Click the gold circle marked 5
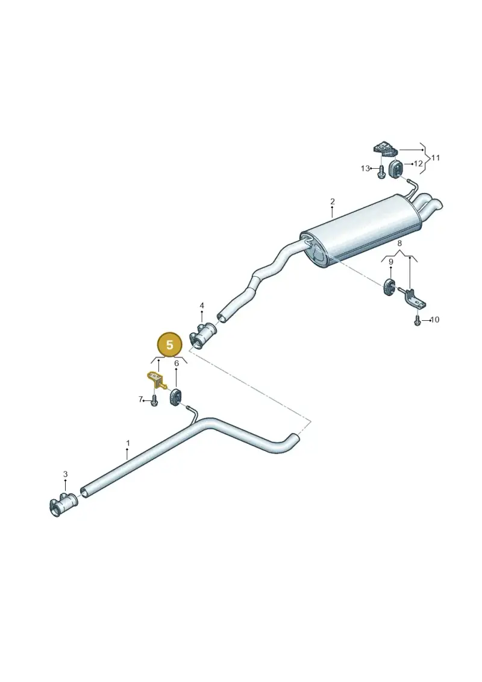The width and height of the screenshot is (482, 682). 169,345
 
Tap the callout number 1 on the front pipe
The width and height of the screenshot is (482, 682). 128,443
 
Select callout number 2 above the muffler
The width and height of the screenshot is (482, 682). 333,201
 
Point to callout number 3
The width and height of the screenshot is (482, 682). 65,474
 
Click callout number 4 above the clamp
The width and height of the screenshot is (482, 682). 202,306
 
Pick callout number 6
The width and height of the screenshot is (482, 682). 177,363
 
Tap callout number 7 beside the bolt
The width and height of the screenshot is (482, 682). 140,399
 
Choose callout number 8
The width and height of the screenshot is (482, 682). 400,244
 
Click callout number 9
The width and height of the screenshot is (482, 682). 391,262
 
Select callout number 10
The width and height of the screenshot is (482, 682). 434,320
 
